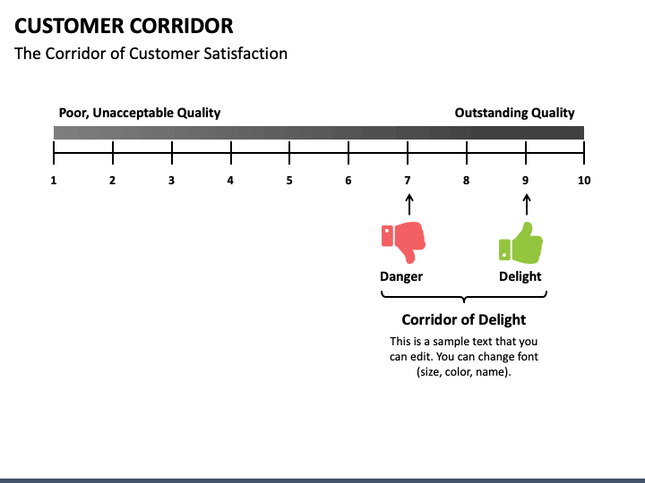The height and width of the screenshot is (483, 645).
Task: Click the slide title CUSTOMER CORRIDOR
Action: coord(124,25)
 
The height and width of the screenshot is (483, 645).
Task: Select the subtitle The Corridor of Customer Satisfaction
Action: coord(150,54)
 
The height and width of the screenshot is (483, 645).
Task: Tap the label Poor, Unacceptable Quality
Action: coord(139,113)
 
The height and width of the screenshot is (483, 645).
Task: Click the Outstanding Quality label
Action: coord(514,113)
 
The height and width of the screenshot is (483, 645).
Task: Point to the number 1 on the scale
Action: coord(54,181)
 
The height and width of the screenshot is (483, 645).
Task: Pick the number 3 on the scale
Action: coord(171,181)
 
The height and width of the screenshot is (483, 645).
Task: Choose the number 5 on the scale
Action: coord(289,181)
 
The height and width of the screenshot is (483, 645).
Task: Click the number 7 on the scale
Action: coord(408,181)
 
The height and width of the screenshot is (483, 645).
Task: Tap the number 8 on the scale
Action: coord(466,181)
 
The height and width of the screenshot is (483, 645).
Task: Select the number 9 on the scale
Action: coord(526,181)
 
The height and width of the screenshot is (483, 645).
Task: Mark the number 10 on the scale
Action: coord(584,181)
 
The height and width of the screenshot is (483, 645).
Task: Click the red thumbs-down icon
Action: coord(402,239)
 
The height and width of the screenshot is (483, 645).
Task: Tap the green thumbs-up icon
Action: coord(520,242)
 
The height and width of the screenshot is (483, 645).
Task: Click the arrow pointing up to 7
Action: coord(408,206)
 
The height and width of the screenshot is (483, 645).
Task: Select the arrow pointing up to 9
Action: coord(526,206)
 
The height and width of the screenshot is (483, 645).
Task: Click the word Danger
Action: coord(401,276)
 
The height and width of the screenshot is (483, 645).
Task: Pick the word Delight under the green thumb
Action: coord(520,276)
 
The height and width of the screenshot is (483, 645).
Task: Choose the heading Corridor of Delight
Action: coord(463,319)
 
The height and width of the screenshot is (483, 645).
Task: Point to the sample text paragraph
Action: coord(463,357)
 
